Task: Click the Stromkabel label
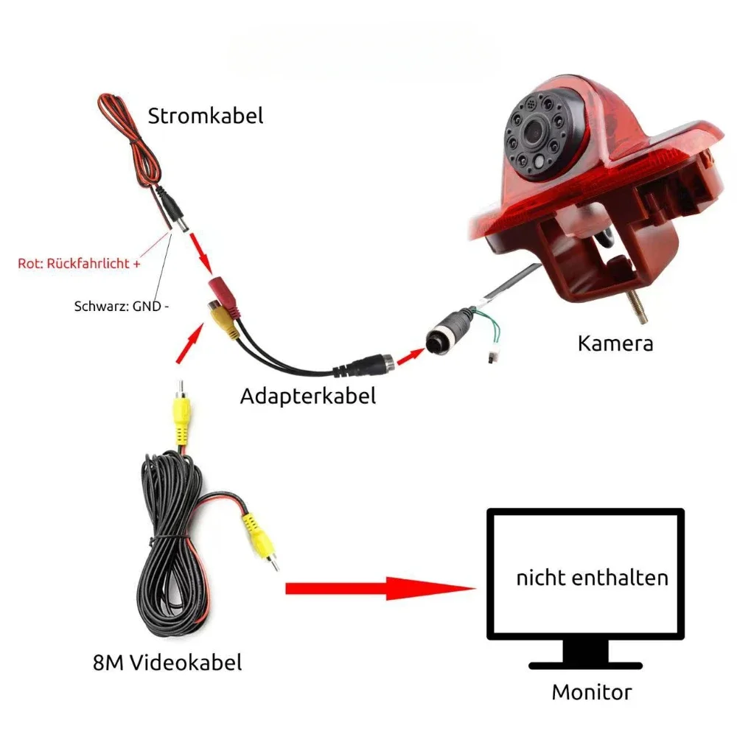[205, 116]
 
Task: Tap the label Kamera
[615, 343]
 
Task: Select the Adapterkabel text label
[308, 396]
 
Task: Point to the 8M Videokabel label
[167, 663]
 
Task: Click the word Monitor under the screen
[592, 692]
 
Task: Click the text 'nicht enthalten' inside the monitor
[592, 577]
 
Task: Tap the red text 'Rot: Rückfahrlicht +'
[79, 263]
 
